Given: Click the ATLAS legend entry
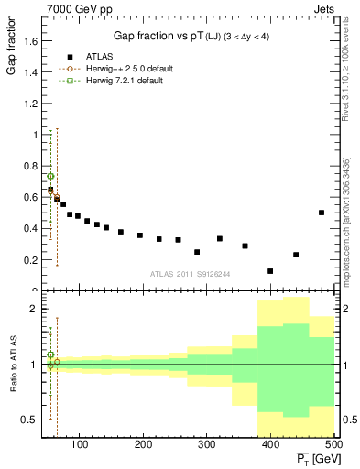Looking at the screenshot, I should click(x=99, y=56).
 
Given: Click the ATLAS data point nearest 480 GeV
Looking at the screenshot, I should click(x=322, y=213).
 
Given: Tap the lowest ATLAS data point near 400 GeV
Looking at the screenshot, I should click(x=270, y=271).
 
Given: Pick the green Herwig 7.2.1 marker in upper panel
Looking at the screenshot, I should click(x=50, y=176).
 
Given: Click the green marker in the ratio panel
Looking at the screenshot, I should click(x=50, y=354).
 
